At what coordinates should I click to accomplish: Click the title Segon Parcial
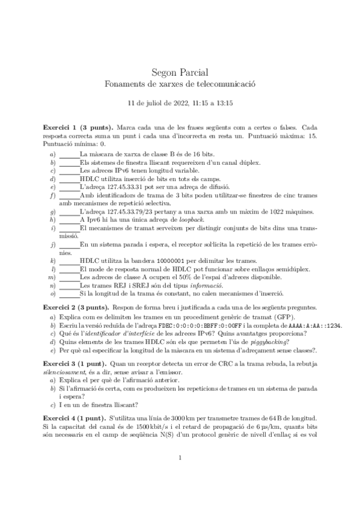pos(180,71)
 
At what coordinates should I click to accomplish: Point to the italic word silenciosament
pos(64,373)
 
